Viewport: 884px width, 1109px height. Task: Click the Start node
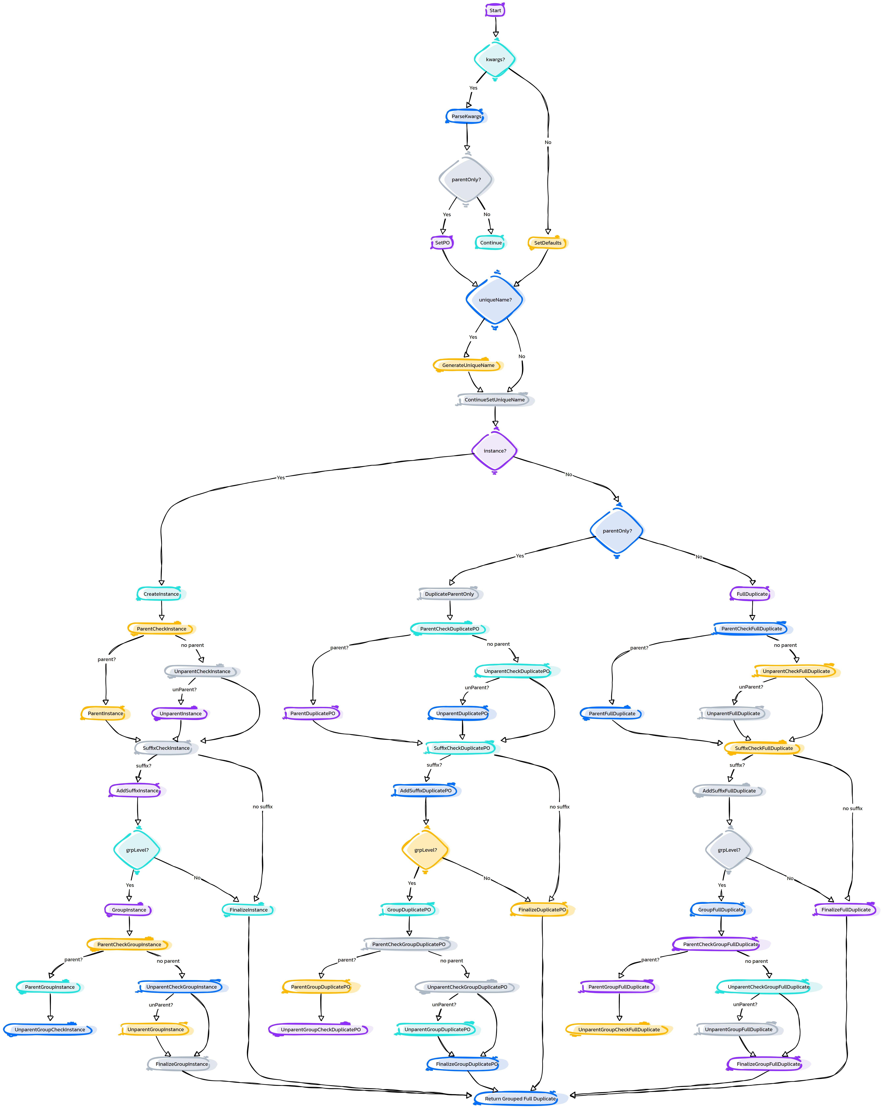coord(495,10)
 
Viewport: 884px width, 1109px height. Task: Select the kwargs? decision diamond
coord(495,59)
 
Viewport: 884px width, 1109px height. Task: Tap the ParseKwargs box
coord(466,116)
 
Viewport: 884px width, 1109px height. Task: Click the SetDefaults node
coord(548,243)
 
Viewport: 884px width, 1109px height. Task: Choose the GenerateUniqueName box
coord(468,365)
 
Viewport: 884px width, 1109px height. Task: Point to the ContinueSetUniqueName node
coord(495,400)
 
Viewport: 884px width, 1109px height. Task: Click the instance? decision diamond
coord(495,451)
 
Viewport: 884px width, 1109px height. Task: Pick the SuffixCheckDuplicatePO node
coord(462,748)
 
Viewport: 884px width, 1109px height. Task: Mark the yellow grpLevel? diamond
coord(426,850)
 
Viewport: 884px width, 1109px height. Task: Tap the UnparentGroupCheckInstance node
coord(50,1029)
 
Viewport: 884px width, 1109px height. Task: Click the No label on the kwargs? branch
coord(548,143)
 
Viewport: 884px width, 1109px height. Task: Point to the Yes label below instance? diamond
coord(281,477)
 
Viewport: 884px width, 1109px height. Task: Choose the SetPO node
coord(442,243)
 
